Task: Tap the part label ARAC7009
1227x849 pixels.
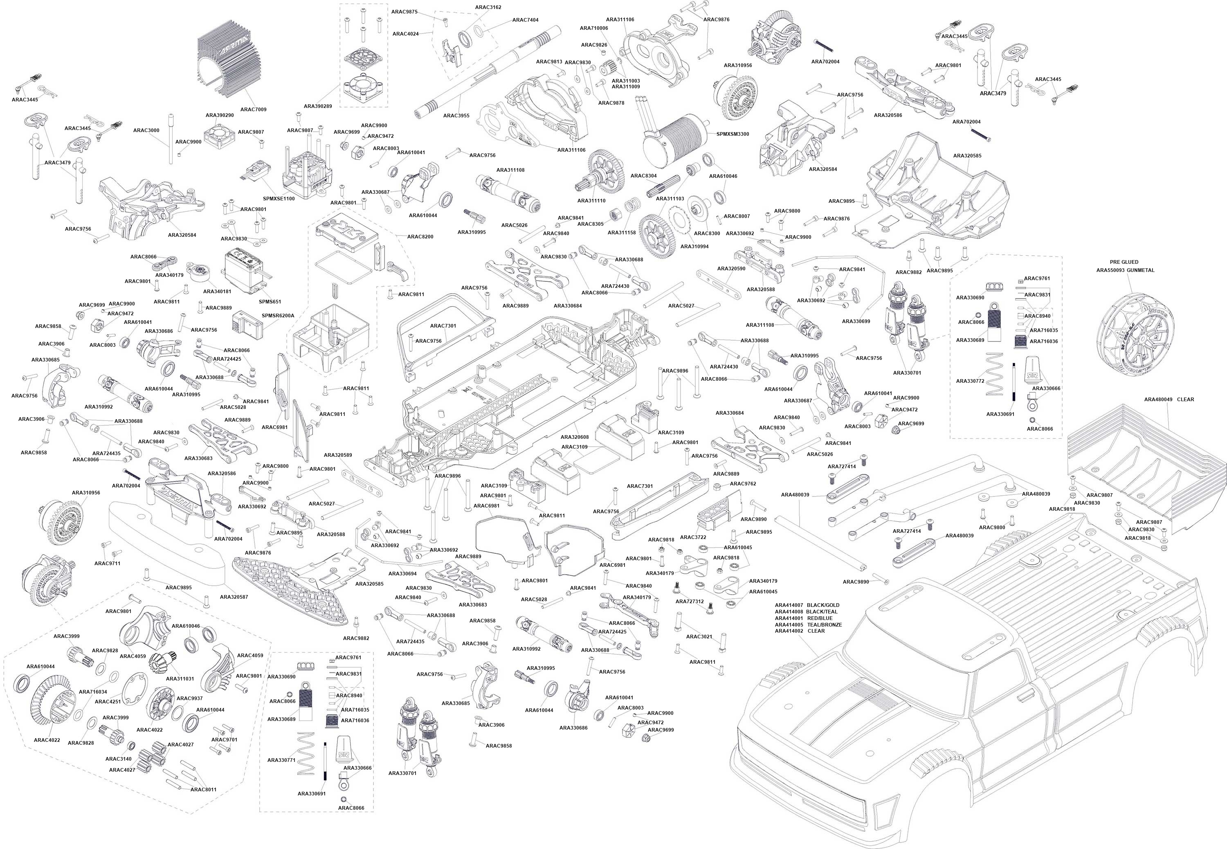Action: coord(253,110)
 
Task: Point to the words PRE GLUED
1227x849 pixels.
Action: coord(1124,262)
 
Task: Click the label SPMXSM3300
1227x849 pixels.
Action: coord(733,134)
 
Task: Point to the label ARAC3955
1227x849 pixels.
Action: coord(456,115)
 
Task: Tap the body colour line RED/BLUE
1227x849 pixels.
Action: coord(820,618)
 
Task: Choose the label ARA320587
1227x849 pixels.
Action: coord(234,597)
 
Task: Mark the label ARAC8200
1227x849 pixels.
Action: coord(420,237)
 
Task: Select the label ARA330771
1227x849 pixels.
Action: coord(281,760)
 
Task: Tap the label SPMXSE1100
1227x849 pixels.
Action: coord(279,198)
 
